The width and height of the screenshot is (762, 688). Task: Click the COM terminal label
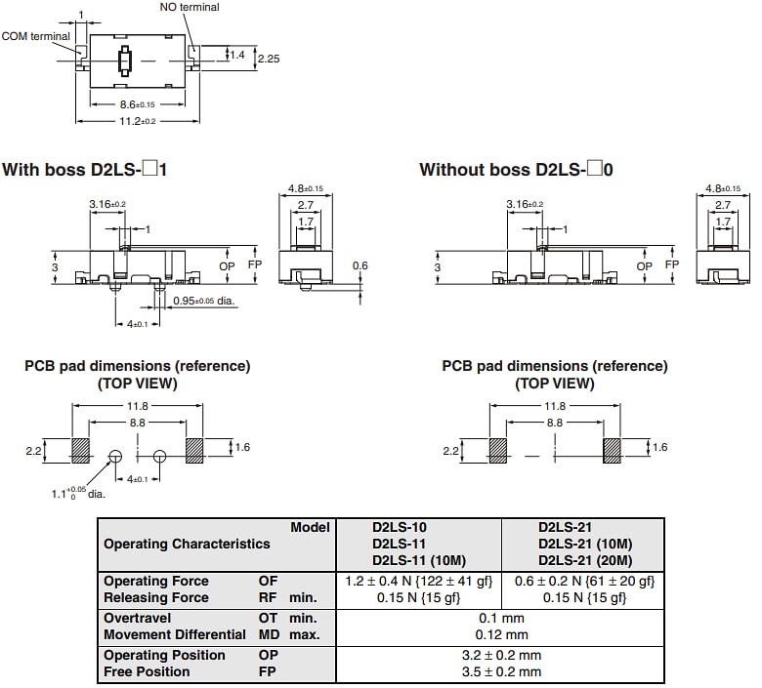[36, 36]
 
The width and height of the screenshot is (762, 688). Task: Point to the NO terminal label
[190, 7]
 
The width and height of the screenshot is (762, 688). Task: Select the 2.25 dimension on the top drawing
[270, 60]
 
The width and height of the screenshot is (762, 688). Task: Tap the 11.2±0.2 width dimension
[138, 121]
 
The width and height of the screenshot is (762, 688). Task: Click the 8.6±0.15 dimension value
[137, 104]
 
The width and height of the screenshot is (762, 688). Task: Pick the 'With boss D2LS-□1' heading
[85, 170]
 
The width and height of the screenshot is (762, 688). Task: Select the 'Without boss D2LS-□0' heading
[516, 170]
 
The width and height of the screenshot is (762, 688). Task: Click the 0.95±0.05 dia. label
[204, 301]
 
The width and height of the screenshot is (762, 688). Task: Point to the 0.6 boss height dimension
[360, 265]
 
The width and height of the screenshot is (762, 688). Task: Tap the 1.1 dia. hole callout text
[78, 493]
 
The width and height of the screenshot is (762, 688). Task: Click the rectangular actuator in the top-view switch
[124, 61]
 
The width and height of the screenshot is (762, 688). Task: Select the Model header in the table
[310, 527]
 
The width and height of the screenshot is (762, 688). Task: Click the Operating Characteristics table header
[187, 544]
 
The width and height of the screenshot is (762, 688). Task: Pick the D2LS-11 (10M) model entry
[419, 560]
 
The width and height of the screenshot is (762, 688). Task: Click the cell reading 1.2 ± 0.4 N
[417, 582]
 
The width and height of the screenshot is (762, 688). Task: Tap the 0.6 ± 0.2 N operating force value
[584, 582]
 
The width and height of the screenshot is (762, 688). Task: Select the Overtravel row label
[138, 618]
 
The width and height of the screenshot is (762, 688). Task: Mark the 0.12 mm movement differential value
[501, 634]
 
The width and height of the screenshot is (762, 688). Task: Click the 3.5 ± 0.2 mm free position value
[501, 671]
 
